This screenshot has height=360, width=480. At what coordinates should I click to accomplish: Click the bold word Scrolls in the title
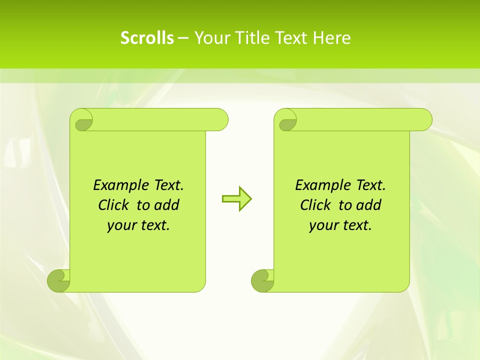click(x=147, y=38)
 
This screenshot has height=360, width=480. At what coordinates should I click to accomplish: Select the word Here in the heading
click(x=331, y=38)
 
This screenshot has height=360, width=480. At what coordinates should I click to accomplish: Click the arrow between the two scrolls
click(x=237, y=199)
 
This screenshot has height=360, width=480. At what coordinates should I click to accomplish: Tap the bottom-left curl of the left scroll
click(x=58, y=280)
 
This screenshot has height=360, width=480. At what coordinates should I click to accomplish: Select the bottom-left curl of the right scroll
click(x=262, y=280)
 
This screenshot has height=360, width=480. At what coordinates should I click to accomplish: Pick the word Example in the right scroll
click(x=322, y=185)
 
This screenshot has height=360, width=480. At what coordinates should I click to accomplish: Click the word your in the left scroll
click(x=121, y=225)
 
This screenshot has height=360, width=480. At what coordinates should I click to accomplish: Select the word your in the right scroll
click(x=323, y=225)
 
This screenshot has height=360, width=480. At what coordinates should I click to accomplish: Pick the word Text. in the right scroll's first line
click(x=370, y=185)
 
